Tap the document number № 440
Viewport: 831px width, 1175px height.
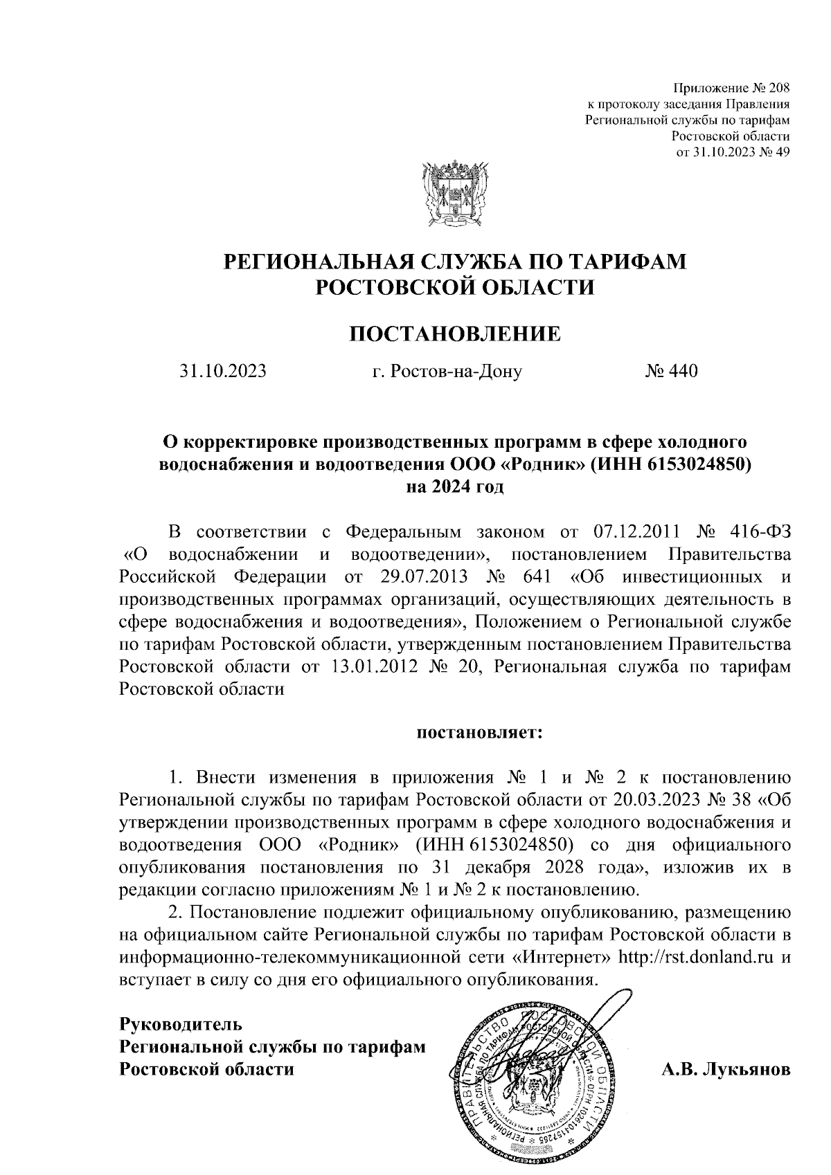pyautogui.click(x=671, y=372)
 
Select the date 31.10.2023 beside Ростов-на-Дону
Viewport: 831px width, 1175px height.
pyautogui.click(x=223, y=372)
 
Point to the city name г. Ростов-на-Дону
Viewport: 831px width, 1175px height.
pyautogui.click(x=447, y=372)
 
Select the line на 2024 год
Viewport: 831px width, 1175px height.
pyautogui.click(x=455, y=486)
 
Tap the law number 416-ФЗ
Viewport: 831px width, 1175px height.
pyautogui.click(x=760, y=532)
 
